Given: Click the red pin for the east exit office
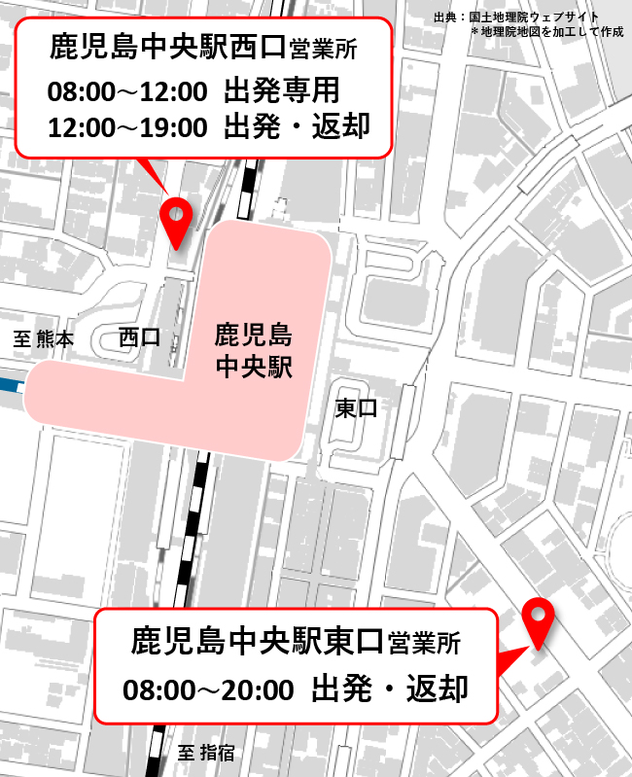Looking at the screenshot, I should pyautogui.click(x=538, y=618).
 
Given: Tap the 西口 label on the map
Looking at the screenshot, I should pyautogui.click(x=139, y=337).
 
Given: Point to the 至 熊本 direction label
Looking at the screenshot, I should pyautogui.click(x=43, y=339).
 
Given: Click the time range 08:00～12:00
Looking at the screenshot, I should pyautogui.click(x=126, y=92).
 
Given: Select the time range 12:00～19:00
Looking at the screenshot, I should pyautogui.click(x=126, y=127).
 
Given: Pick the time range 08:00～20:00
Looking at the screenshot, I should pyautogui.click(x=208, y=690).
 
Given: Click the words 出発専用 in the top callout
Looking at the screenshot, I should pyautogui.click(x=282, y=91).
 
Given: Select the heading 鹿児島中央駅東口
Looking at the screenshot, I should pyautogui.click(x=258, y=643).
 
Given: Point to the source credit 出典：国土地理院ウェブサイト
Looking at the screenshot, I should pyautogui.click(x=515, y=17).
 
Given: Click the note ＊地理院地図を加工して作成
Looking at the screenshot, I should pyautogui.click(x=547, y=31).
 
